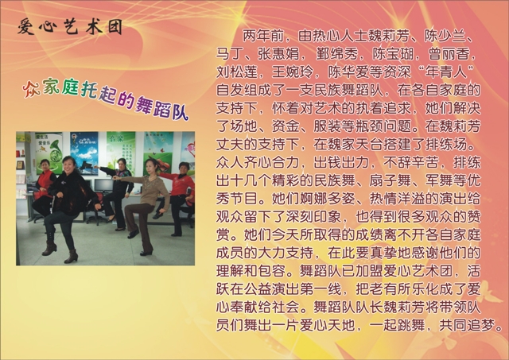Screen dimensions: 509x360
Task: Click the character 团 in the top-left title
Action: (x=115, y=26)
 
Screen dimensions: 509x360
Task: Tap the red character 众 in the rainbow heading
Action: (x=31, y=88)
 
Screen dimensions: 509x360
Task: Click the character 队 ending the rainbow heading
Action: (x=180, y=112)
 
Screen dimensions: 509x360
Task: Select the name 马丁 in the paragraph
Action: (x=230, y=54)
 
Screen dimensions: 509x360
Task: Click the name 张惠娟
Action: (x=278, y=54)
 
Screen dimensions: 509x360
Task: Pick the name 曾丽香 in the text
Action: (x=449, y=54)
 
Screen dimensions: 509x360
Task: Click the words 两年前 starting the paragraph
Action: (x=263, y=36)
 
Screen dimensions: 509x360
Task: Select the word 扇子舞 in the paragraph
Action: (x=390, y=180)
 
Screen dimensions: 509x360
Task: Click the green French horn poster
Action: (x=49, y=153)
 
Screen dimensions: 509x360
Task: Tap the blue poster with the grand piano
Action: (x=84, y=153)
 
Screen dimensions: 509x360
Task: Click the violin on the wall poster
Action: (x=161, y=163)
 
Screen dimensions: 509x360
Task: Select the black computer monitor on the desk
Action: (x=104, y=185)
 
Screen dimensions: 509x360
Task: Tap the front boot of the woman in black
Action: (x=72, y=256)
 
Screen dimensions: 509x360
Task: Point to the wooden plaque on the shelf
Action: (x=20, y=165)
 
